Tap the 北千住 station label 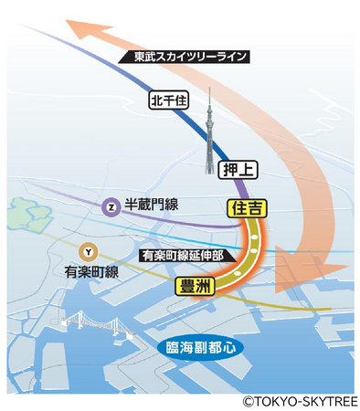pyautogui.click(x=168, y=101)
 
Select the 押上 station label pyautogui.click(x=238, y=168)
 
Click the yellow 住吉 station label pyautogui.click(x=246, y=208)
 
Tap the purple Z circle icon pyautogui.click(x=111, y=207)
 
